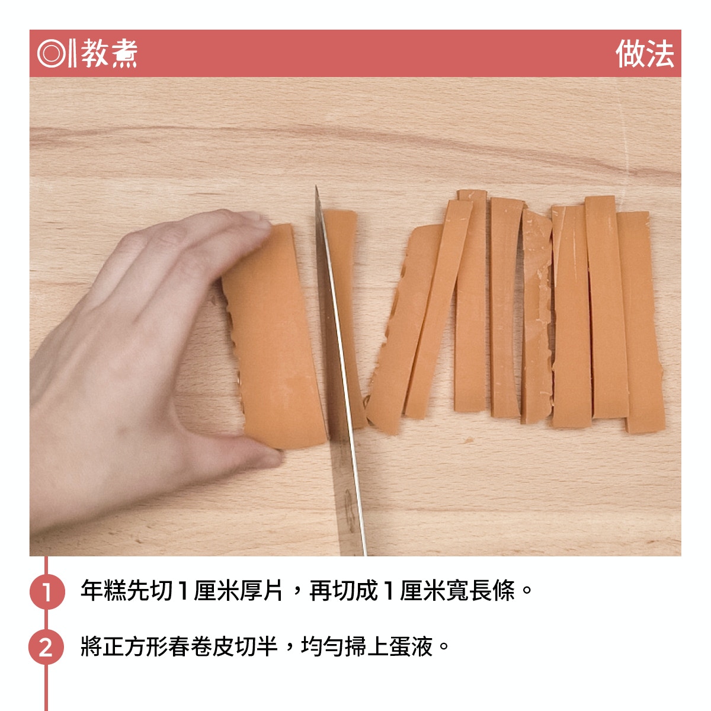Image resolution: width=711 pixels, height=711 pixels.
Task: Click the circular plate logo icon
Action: tap(52, 53)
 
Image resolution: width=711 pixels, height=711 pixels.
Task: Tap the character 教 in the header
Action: tap(95, 53)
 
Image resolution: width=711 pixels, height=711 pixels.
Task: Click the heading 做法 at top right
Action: tap(645, 53)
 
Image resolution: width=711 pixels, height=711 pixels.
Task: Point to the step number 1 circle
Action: tap(47, 591)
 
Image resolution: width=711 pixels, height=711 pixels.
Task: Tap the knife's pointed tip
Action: tap(316, 186)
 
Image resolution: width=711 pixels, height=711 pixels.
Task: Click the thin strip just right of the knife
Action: tap(343, 318)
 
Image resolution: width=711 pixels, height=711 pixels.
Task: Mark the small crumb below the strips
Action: tap(469, 440)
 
